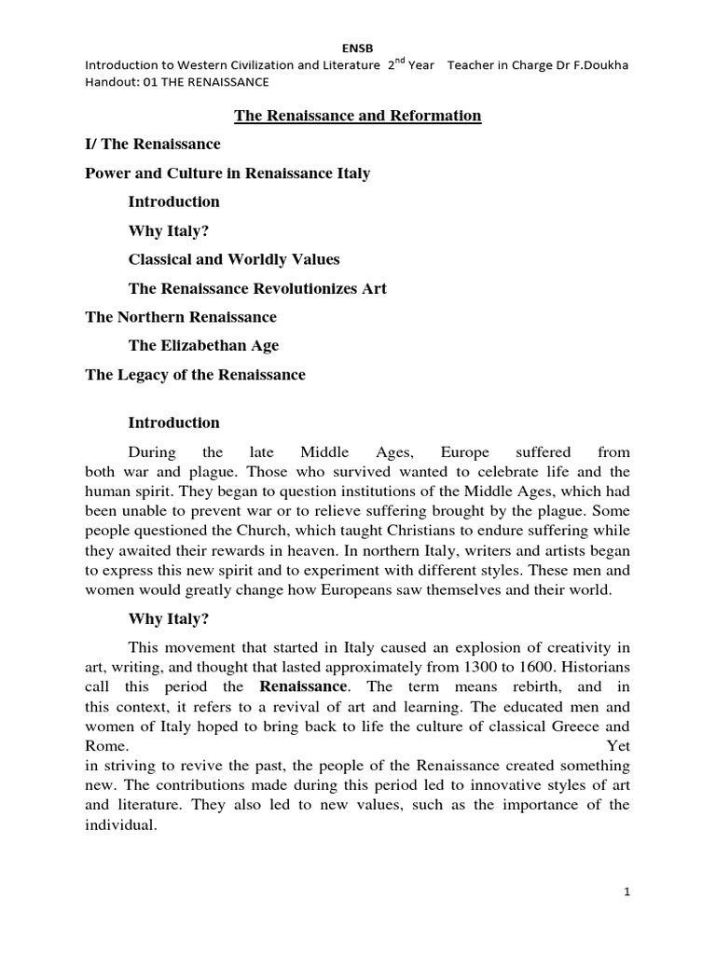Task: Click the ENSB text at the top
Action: click(358, 47)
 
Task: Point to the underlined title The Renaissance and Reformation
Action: click(356, 116)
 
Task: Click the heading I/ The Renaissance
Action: click(153, 145)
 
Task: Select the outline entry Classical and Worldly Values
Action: click(234, 259)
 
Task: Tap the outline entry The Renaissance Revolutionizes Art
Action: click(257, 288)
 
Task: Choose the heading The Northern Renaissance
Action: click(181, 317)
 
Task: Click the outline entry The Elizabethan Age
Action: click(203, 346)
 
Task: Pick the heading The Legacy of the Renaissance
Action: click(195, 375)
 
